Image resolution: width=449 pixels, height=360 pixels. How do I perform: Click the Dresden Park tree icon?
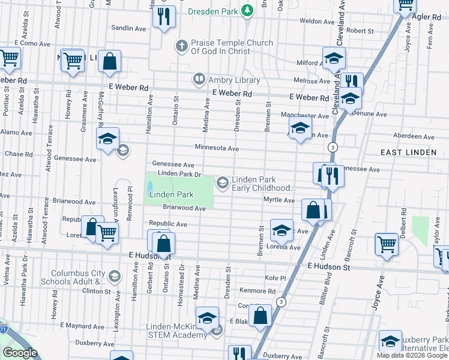coord(246,11)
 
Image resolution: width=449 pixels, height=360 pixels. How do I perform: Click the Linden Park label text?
coord(171,194)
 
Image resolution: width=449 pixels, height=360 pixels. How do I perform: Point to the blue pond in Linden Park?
coord(149,188)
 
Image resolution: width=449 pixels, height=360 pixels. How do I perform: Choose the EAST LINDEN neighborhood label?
coord(408,152)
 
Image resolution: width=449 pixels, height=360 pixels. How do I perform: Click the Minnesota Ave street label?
coord(216,148)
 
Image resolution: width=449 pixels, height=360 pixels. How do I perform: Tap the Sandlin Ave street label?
coord(130,28)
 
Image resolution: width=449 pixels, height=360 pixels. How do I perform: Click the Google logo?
coord(20,353)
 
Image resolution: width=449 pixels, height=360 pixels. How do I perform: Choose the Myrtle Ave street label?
coord(280,200)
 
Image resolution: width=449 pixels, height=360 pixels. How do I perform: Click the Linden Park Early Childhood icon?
coord(223,181)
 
